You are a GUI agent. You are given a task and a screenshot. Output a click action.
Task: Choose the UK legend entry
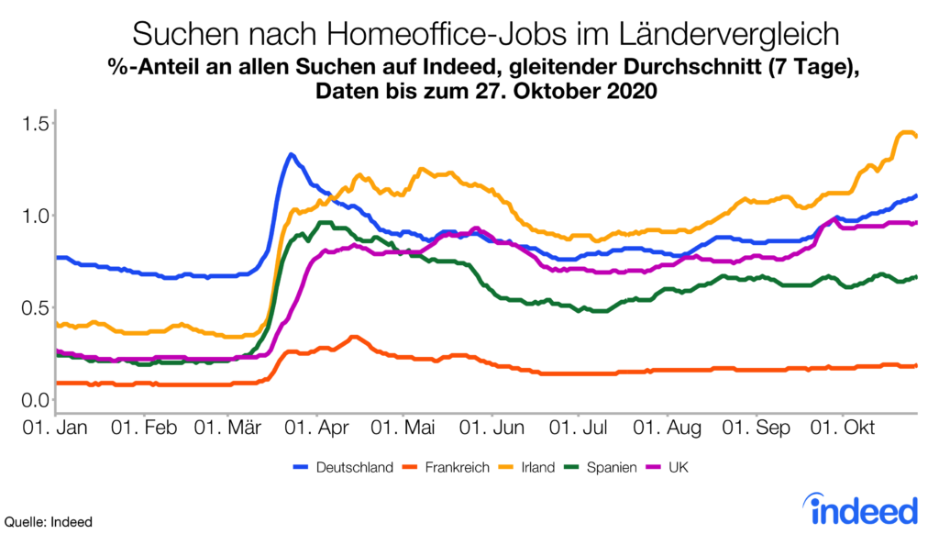678,468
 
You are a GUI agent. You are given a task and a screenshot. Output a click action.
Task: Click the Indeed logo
860,506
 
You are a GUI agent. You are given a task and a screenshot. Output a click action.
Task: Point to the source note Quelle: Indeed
48,522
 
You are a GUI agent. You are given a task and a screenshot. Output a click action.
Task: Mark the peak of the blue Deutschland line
291,154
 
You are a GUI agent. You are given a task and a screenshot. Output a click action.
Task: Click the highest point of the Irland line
907,133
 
